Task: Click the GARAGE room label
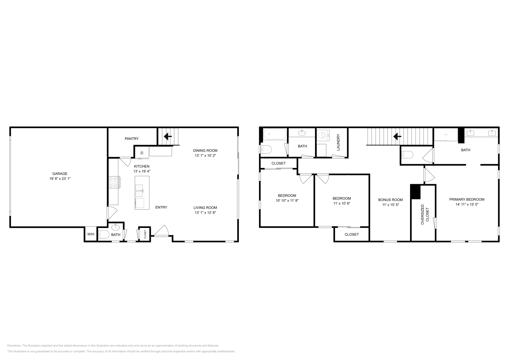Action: pos(60,174)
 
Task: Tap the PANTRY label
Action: pos(132,139)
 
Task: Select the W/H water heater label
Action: pos(91,234)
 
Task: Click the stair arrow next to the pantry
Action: pos(168,136)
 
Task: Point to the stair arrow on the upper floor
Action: pos(397,136)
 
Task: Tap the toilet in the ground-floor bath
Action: pos(104,234)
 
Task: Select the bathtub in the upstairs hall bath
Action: pos(275,134)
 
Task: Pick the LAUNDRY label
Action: pos(338,142)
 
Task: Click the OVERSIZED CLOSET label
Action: pos(425,214)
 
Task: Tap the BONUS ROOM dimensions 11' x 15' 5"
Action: pos(390,204)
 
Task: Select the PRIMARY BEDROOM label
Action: pos(467,199)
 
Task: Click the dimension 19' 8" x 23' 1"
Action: pos(60,178)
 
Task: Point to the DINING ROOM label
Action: pos(205,150)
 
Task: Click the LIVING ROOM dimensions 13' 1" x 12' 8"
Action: pos(205,212)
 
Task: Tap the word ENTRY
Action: pos(161,207)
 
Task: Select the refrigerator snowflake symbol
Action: pos(142,153)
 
